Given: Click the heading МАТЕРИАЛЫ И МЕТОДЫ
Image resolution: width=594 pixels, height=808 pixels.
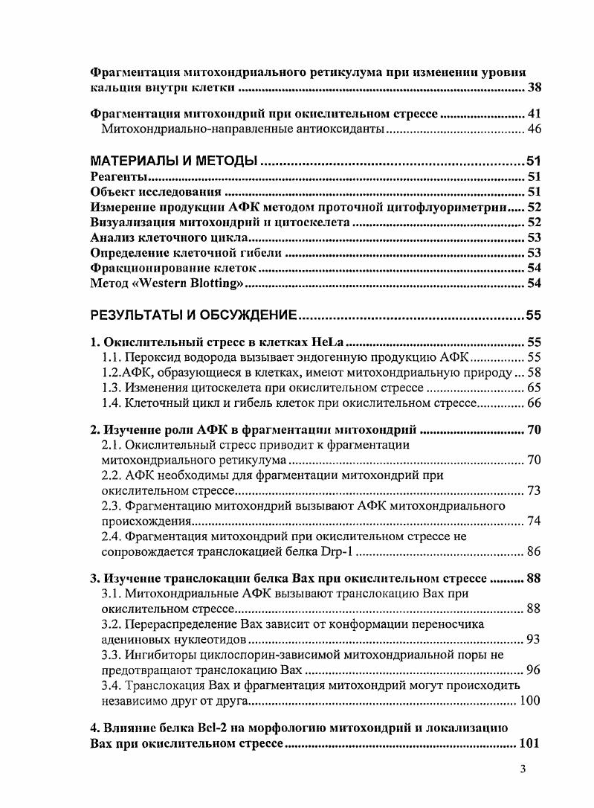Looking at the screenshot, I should pos(173,161).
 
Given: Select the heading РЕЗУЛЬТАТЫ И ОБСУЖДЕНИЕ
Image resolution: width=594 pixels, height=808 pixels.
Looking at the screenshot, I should pos(194,315).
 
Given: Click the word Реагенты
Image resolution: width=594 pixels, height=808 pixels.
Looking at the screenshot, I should pos(117,176).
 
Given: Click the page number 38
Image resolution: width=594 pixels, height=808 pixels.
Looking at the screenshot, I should pos(534,89).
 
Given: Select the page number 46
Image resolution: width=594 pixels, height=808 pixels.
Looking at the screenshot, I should pos(534,129).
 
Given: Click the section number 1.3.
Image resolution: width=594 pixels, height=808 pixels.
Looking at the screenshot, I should pos(112,388).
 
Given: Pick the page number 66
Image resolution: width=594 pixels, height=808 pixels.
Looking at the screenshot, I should pos(534,403).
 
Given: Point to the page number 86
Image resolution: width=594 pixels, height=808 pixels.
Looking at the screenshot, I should pos(534,551).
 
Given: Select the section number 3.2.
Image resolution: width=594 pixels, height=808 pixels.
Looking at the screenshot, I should pos(112,623).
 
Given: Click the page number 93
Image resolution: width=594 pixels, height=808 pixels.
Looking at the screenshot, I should pos(534,639).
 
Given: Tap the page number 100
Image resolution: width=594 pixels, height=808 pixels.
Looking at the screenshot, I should pos(530,701).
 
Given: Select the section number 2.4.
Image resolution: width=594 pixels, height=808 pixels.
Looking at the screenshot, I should pos(112,535).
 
